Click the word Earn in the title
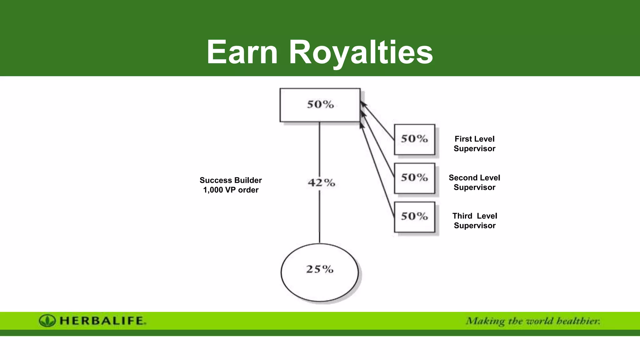[x=242, y=52]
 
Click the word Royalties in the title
[x=361, y=52]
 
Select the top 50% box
[x=320, y=105]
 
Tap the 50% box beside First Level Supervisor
[x=414, y=139]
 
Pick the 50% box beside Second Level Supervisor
[x=414, y=178]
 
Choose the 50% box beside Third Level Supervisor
[x=414, y=217]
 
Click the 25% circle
[x=319, y=272]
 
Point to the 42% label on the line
[x=321, y=182]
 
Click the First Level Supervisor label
[x=474, y=144]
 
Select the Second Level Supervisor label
[x=474, y=182]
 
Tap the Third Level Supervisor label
[x=474, y=221]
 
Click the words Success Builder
[x=231, y=180]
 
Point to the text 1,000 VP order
[x=231, y=190]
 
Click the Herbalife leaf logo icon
[x=47, y=321]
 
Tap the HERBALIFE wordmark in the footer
[x=102, y=321]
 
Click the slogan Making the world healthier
[x=533, y=321]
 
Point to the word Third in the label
[x=462, y=216]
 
